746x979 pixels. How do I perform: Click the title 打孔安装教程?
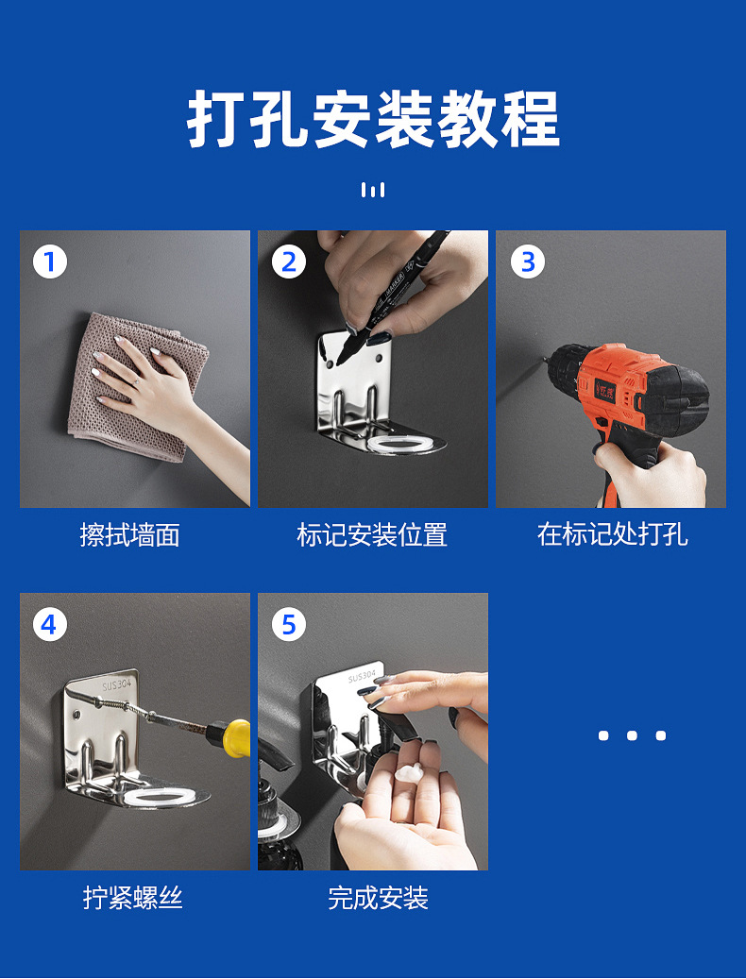373,119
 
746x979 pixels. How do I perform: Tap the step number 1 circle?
50,262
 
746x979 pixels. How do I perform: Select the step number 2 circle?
288,262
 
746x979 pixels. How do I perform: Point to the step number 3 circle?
528,262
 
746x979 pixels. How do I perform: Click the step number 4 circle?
50,624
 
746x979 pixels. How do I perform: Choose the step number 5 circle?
288,624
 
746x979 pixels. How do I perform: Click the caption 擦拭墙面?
130,535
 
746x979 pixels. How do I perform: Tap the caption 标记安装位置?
372,535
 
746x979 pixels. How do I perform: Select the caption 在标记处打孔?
613,535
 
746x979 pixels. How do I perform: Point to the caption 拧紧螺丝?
133,897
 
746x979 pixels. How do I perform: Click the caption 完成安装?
379,897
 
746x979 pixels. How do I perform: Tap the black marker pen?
393,296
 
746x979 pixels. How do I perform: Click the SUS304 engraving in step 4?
117,685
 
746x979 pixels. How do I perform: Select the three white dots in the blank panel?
632,735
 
